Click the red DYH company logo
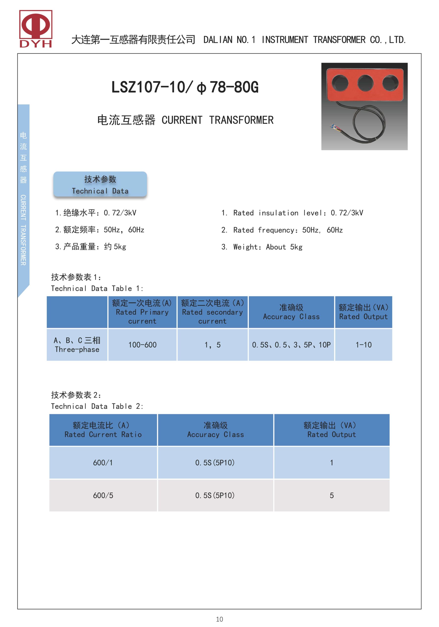point(36,29)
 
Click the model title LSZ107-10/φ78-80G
point(185,87)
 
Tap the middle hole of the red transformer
point(365,83)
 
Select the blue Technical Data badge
point(100,184)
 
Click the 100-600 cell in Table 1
point(142,345)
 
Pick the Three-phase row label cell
point(77,345)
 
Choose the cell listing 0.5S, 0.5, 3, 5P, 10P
point(291,345)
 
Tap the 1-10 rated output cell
point(363,345)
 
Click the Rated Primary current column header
point(142,312)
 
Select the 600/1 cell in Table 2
point(103,463)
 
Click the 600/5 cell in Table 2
point(103,495)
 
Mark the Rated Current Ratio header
point(103,430)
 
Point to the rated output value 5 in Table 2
point(332,495)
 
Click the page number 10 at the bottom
point(219,619)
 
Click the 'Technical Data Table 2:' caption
point(97,406)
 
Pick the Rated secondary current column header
point(213,312)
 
